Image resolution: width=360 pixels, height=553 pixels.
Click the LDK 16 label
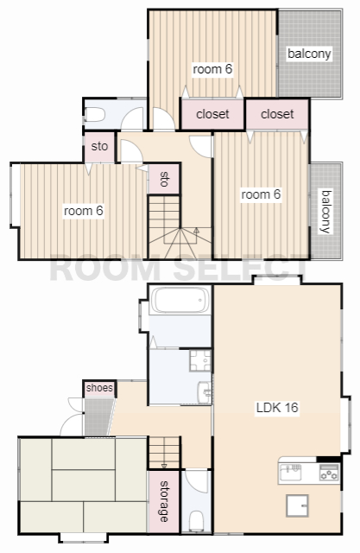click(x=277, y=408)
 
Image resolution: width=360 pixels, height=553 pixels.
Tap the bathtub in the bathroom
click(x=180, y=300)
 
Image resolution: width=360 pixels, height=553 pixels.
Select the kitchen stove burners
click(x=329, y=473)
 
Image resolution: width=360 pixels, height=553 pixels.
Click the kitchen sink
click(x=291, y=473)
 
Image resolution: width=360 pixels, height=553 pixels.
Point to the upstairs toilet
click(x=95, y=115)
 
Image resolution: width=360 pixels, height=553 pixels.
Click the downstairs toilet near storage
click(x=196, y=521)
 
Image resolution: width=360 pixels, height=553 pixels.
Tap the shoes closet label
click(x=99, y=388)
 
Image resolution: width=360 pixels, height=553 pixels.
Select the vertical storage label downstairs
click(x=164, y=501)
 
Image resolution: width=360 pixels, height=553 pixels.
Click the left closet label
click(x=212, y=114)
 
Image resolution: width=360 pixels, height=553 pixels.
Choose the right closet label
click(x=277, y=114)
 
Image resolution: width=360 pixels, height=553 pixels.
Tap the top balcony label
click(x=309, y=54)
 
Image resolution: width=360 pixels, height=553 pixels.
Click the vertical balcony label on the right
click(x=325, y=212)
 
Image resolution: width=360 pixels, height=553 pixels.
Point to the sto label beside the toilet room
click(x=99, y=146)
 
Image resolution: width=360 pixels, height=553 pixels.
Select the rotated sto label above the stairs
click(x=164, y=179)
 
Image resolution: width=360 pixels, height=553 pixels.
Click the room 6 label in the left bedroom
click(x=84, y=211)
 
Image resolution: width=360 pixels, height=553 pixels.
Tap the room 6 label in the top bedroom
click(x=212, y=69)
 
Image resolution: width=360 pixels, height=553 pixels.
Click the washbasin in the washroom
click(x=205, y=392)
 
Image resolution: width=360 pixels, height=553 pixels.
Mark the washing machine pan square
click(x=200, y=360)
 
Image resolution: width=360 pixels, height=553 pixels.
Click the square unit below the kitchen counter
click(x=297, y=505)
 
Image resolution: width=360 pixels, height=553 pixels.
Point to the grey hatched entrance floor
click(x=98, y=417)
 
